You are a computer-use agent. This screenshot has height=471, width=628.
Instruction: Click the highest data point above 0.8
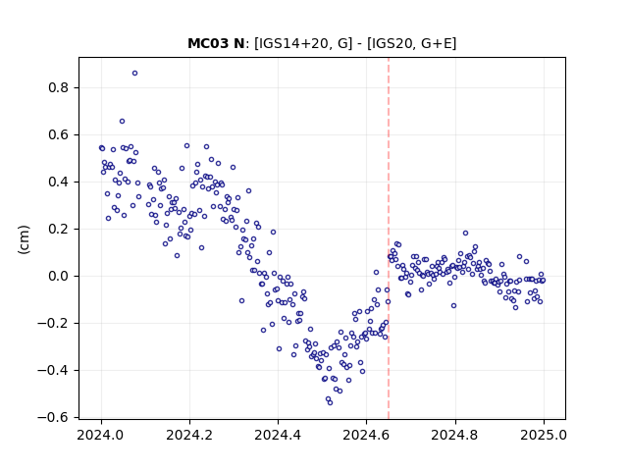click(135, 74)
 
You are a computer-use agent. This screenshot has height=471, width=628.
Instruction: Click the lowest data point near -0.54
click(330, 403)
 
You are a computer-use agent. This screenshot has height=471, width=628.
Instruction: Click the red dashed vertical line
click(389, 238)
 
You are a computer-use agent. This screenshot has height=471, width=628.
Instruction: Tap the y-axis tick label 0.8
click(59, 87)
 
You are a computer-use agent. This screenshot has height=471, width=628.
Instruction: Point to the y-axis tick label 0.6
click(59, 135)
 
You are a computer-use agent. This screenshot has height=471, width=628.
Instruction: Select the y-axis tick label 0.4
click(59, 183)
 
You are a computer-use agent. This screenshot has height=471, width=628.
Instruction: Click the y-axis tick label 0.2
click(59, 229)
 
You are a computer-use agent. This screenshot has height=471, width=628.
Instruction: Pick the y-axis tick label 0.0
click(59, 277)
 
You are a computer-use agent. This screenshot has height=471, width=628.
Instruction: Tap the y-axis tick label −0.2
click(53, 324)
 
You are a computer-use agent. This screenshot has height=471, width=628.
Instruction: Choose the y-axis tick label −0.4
click(53, 371)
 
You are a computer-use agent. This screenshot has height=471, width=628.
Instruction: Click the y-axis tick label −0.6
click(53, 418)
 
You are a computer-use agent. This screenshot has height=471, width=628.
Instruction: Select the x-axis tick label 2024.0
click(101, 435)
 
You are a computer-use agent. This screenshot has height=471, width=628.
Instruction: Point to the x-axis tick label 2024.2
click(189, 435)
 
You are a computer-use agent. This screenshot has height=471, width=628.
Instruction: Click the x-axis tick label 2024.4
click(278, 435)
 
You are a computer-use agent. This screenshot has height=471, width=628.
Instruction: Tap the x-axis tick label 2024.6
click(366, 435)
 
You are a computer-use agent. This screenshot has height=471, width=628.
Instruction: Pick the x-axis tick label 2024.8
click(455, 435)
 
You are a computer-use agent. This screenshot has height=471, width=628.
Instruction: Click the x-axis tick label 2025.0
click(544, 435)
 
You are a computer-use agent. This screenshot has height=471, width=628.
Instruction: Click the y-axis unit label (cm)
click(24, 239)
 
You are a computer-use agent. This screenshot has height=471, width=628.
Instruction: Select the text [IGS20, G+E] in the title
click(411, 43)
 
